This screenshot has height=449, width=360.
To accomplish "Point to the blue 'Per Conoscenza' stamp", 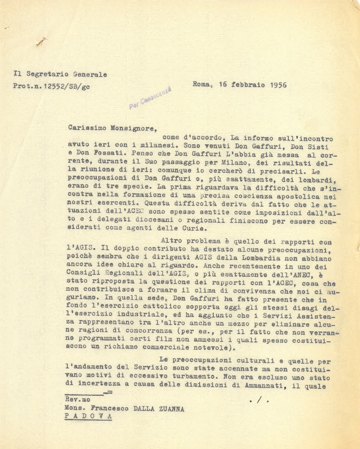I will pyautogui.click(x=150, y=99).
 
